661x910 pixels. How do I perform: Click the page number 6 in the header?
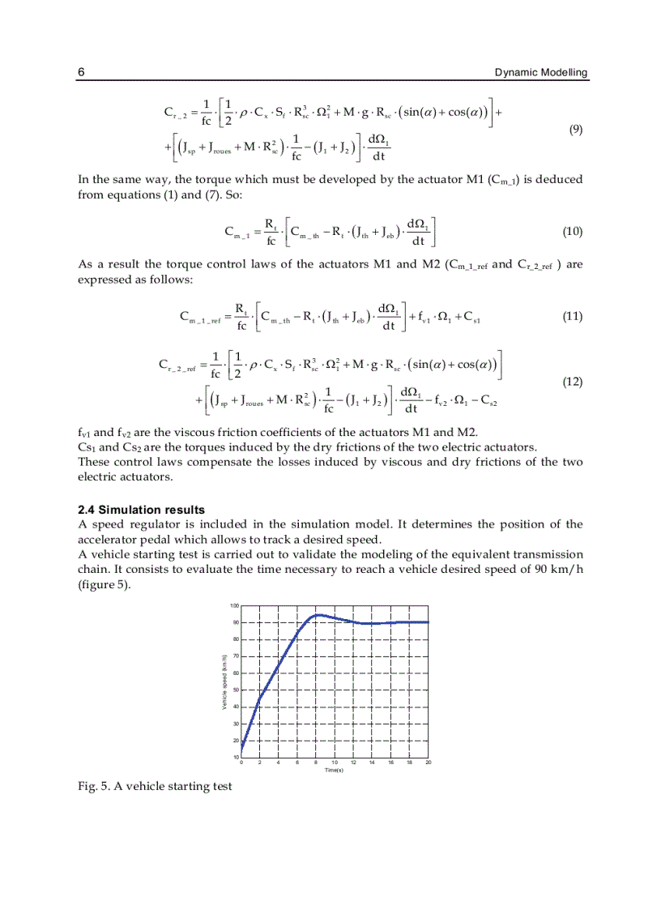coord(81,73)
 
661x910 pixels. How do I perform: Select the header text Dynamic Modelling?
coord(541,73)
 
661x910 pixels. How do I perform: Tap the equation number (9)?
coord(575,130)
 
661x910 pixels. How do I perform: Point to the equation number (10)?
coord(572,232)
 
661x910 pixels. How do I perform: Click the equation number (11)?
coord(572,317)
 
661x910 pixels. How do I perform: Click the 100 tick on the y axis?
coord(234,606)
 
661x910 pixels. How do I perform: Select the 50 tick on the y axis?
coord(236,690)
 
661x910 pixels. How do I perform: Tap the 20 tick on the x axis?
coord(429,763)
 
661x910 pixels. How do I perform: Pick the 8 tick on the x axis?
coord(316,763)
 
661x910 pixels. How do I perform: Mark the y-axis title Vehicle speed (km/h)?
coord(224,681)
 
